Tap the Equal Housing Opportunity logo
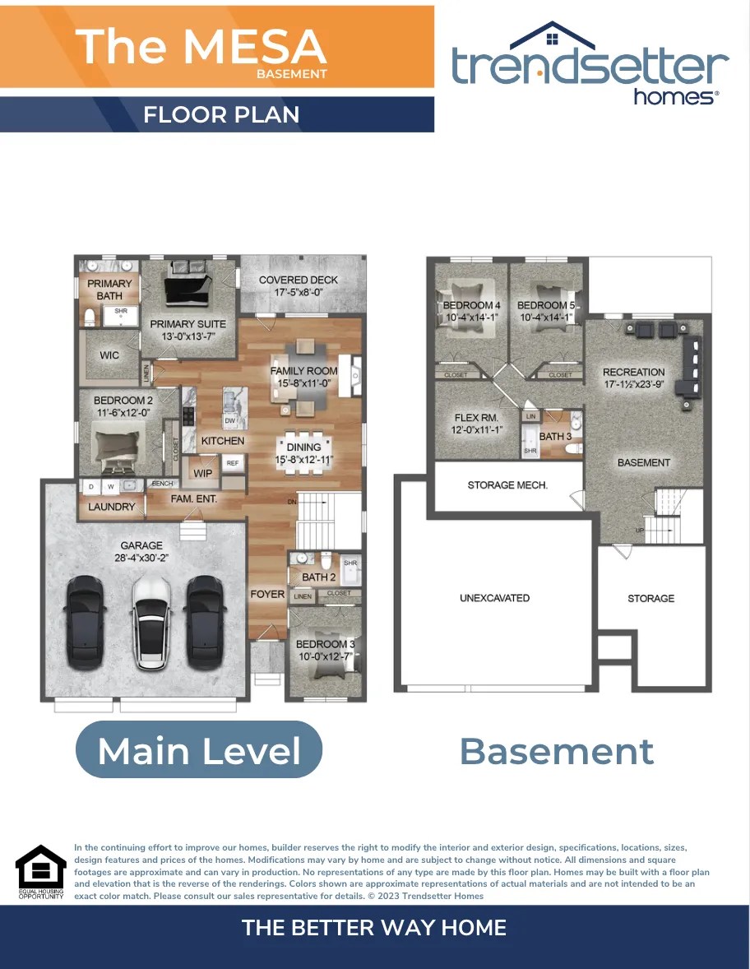(x=40, y=870)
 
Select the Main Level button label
(x=199, y=750)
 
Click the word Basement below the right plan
(x=557, y=751)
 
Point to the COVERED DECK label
(x=299, y=280)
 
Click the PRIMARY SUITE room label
(x=187, y=324)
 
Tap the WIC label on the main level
(x=109, y=355)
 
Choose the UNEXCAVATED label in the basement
(x=494, y=598)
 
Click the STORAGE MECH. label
(x=507, y=485)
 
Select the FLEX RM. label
(x=478, y=417)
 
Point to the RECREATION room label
(x=633, y=372)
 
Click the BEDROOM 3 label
(x=326, y=644)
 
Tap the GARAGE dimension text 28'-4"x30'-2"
(x=141, y=558)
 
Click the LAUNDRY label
(x=112, y=507)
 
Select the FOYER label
(x=267, y=594)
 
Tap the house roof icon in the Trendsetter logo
(x=551, y=35)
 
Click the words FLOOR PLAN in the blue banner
(x=221, y=114)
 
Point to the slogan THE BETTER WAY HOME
(x=374, y=928)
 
